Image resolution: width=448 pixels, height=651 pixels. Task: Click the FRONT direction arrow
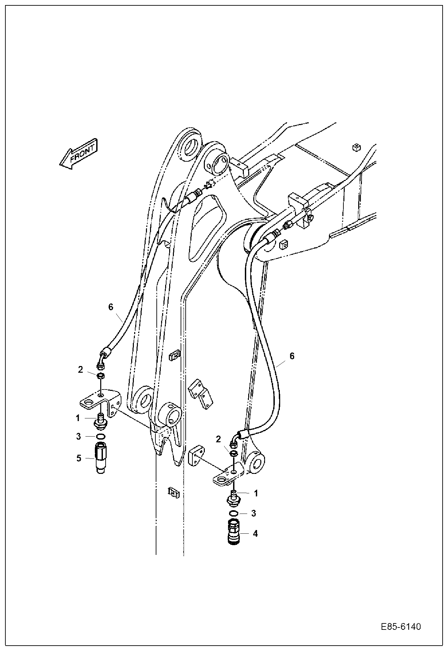(x=78, y=154)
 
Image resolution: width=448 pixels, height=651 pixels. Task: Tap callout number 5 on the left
(x=79, y=458)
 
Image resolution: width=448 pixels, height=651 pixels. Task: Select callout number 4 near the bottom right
(x=255, y=533)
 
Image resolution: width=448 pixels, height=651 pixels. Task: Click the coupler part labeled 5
(x=101, y=458)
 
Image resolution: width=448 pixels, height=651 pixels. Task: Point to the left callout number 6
(x=111, y=307)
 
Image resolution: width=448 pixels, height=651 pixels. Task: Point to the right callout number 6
(x=292, y=356)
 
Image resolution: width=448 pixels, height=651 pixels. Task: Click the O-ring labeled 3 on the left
(x=101, y=437)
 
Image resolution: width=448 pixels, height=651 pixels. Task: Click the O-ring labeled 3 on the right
(x=234, y=513)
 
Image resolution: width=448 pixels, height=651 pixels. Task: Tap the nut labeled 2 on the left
(x=101, y=376)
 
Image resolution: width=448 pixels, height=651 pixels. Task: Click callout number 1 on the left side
(x=78, y=418)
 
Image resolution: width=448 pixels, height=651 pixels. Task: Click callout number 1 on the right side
(x=256, y=493)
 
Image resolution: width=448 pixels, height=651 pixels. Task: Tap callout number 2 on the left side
(x=80, y=370)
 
